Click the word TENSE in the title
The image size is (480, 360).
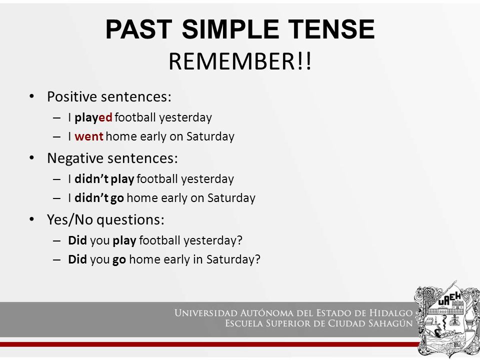pyautogui.click(x=331, y=29)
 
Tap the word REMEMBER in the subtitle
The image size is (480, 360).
pyautogui.click(x=232, y=61)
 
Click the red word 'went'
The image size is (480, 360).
pyautogui.click(x=89, y=136)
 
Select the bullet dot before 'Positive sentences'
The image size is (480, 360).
pyautogui.click(x=32, y=96)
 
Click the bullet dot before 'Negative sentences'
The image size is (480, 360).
pyautogui.click(x=32, y=158)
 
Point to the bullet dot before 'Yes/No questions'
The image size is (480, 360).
pyautogui.click(x=32, y=219)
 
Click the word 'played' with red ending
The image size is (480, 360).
pyautogui.click(x=93, y=118)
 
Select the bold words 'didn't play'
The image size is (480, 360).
pyautogui.click(x=104, y=179)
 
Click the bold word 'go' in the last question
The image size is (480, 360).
pyautogui.click(x=119, y=260)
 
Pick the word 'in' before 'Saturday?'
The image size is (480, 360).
pyautogui.click(x=198, y=259)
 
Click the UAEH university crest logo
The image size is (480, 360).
pyautogui.click(x=447, y=318)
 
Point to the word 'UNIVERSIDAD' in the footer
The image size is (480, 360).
pyautogui.click(x=206, y=313)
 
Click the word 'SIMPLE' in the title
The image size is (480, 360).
pyautogui.click(x=230, y=29)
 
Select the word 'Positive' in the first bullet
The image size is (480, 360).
pyautogui.click(x=72, y=96)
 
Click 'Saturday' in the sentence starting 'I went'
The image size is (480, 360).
pyautogui.click(x=210, y=136)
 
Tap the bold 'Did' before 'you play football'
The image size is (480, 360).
pyautogui.click(x=77, y=240)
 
